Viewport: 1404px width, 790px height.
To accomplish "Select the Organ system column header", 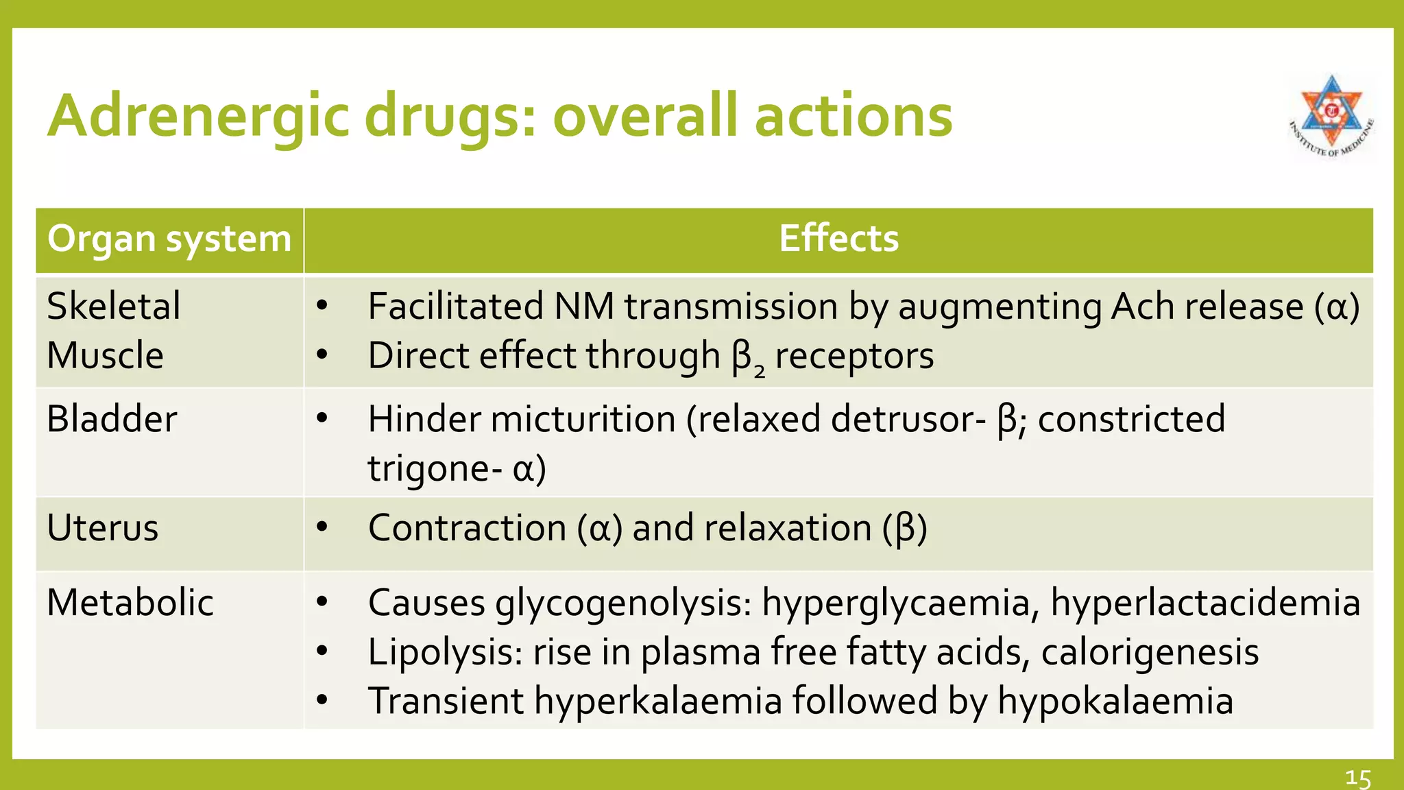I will pos(169,239).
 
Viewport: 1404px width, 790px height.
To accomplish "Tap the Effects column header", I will pos(838,239).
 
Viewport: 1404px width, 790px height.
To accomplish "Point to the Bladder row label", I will pos(112,419).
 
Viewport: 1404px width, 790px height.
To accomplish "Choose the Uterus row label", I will pos(103,528).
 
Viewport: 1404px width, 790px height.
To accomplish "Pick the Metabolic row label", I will pos(130,603).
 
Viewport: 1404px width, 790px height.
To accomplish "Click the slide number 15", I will pos(1357,778).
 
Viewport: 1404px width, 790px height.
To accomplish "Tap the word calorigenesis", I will pos(1150,652).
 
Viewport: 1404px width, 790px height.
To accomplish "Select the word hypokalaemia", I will pos(1115,702).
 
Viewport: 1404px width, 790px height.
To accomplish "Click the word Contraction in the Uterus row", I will pos(467,528).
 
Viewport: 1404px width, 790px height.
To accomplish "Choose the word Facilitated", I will pos(455,306).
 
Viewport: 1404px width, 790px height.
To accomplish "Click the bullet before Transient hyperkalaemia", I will pos(322,701).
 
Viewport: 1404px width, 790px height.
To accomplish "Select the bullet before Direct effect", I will pos(322,355).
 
